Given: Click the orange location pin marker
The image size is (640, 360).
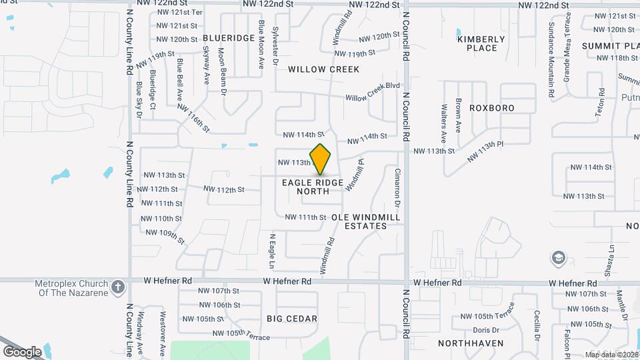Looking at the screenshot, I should [321, 159].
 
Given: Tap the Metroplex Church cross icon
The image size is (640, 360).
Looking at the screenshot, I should [118, 287].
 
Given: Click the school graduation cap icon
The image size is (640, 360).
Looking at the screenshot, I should [557, 257].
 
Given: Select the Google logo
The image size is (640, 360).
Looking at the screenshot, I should [22, 351].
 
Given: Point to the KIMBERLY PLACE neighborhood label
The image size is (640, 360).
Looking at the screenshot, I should [477, 43].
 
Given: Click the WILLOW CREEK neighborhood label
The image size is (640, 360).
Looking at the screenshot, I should [323, 69].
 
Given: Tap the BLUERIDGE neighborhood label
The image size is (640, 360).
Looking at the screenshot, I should [229, 38].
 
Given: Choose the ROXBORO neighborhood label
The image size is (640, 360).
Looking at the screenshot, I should [492, 107].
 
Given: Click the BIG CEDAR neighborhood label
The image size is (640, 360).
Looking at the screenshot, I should [292, 319].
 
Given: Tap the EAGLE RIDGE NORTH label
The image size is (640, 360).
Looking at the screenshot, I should [313, 187].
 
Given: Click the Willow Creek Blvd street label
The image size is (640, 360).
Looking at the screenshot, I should [372, 98].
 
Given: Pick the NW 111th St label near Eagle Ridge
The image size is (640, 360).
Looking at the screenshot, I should [305, 217].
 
